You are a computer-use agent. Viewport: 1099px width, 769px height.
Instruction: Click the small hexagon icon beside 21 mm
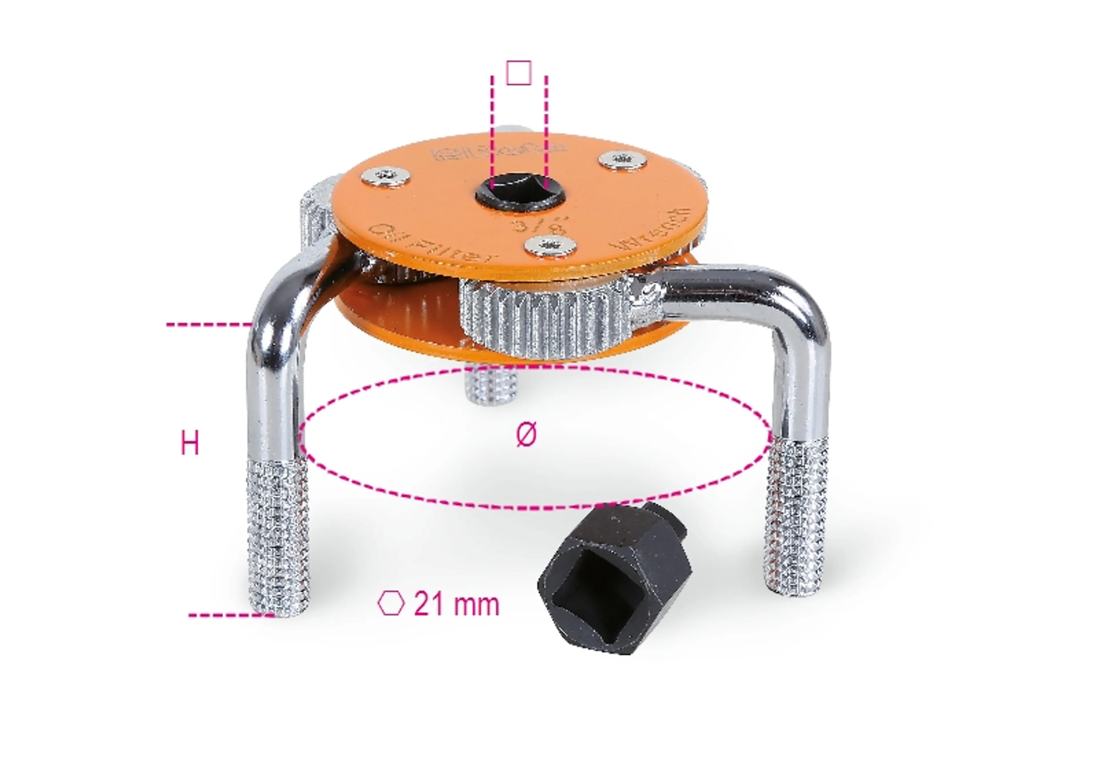391,603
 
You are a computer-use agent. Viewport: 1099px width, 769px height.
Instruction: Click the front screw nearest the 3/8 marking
551,246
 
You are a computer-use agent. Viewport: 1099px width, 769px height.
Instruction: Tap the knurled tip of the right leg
796,517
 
